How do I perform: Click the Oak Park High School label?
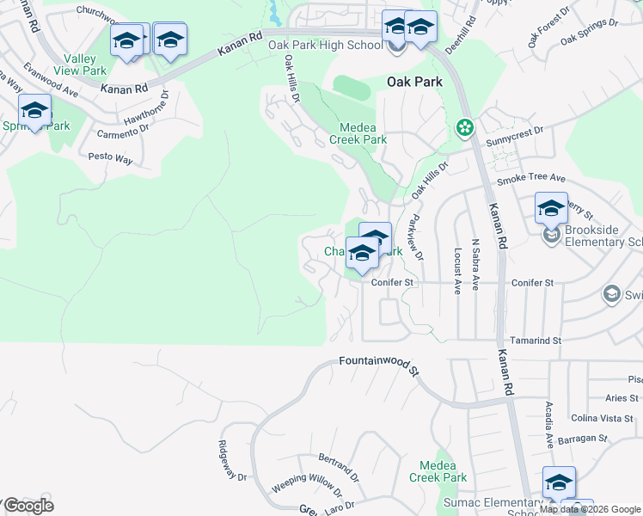click(325, 45)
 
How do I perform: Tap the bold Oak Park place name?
click(414, 82)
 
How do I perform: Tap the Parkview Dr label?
click(418, 237)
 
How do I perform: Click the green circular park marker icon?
click(465, 128)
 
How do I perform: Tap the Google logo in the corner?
click(28, 506)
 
